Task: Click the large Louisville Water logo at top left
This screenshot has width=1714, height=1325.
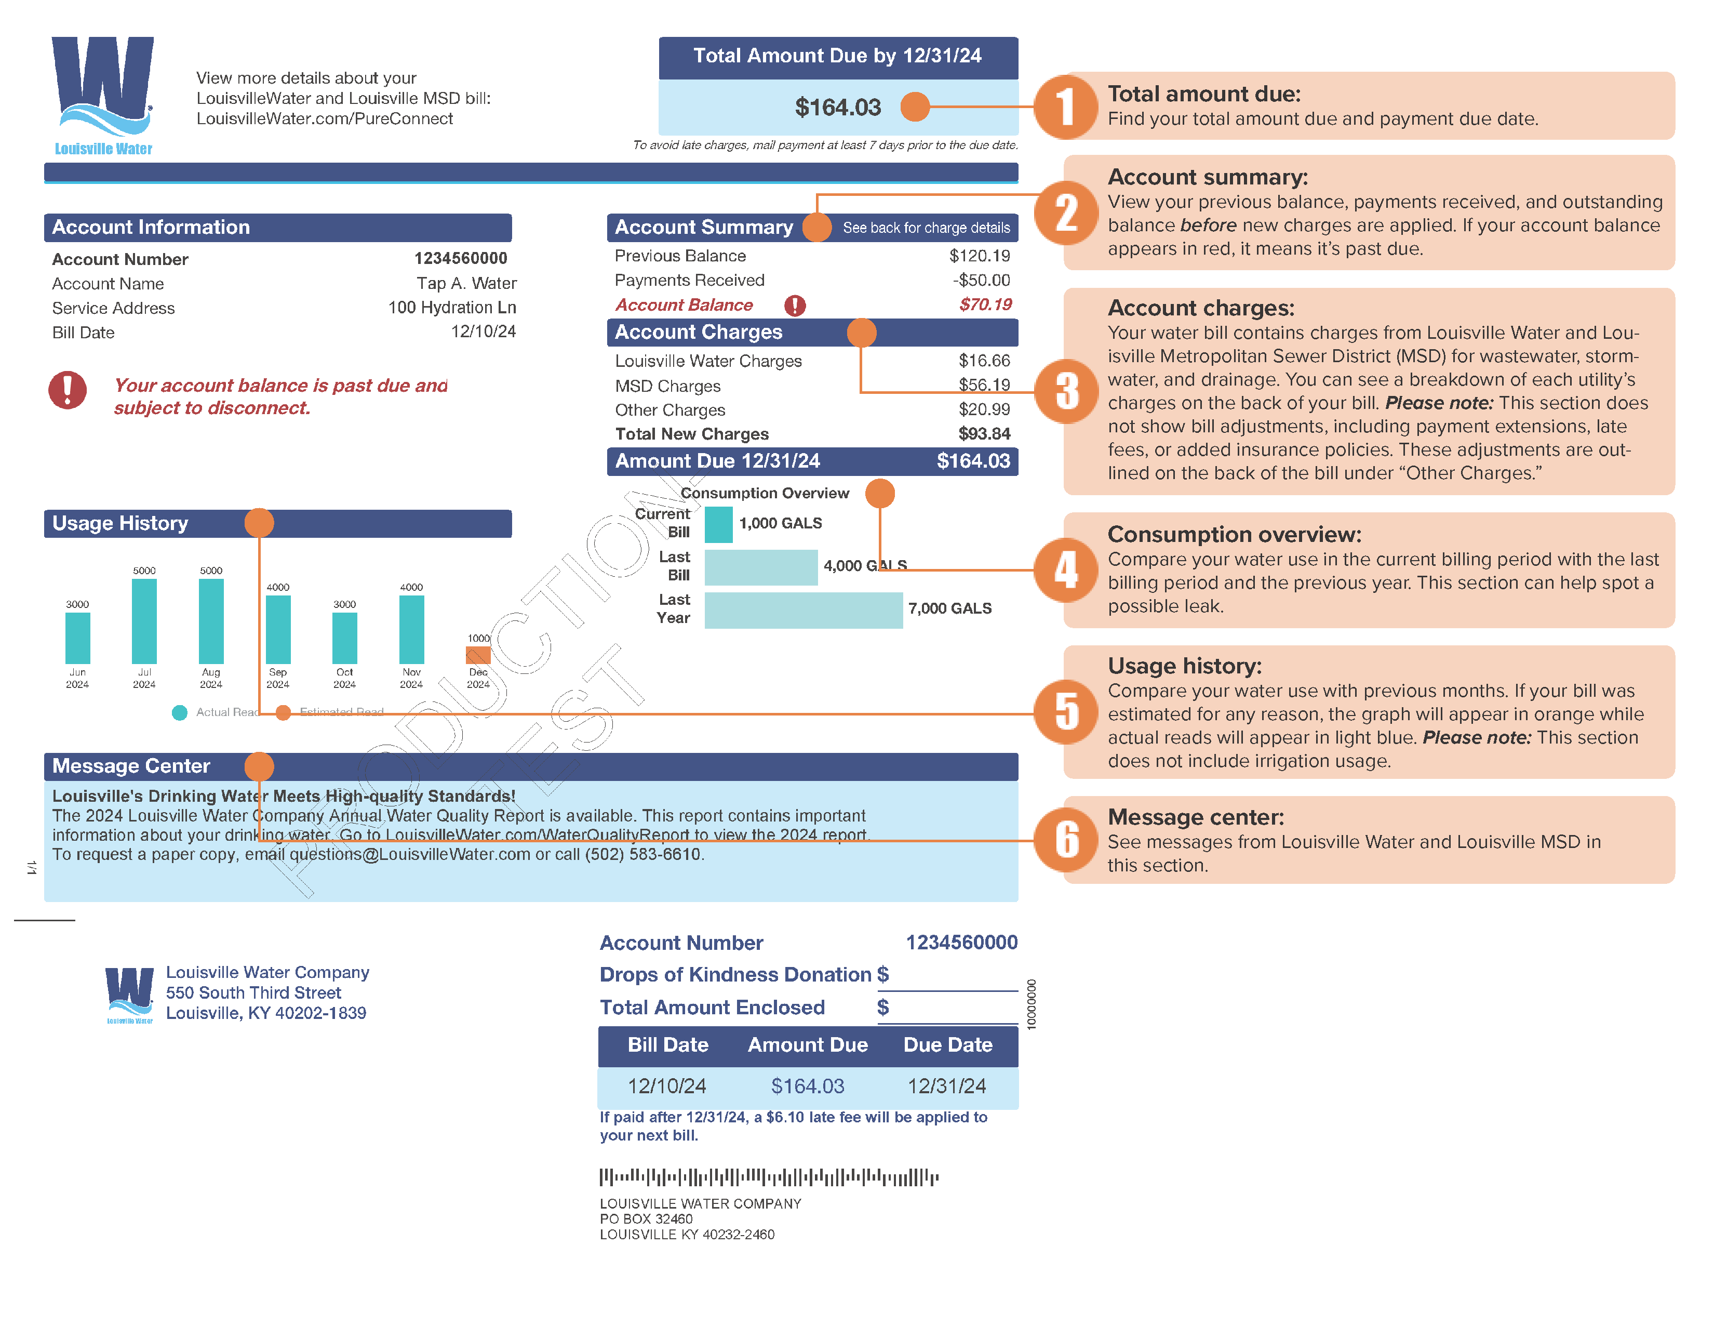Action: point(103,94)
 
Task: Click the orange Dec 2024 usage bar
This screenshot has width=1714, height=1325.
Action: point(478,655)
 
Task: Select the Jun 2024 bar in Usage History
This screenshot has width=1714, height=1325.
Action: point(78,638)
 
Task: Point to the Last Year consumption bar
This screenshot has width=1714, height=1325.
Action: point(803,610)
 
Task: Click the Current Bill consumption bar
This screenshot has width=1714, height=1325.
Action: point(718,524)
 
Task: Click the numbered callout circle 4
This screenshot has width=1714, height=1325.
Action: point(1066,570)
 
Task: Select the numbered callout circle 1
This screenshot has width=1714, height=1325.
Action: point(1066,107)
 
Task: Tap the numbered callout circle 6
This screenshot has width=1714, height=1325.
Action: point(1066,840)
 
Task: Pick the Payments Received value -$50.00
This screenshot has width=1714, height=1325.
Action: point(981,280)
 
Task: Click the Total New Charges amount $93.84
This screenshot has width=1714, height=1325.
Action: point(984,434)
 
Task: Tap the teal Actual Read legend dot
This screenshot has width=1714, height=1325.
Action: point(180,712)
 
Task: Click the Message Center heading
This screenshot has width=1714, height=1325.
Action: point(131,766)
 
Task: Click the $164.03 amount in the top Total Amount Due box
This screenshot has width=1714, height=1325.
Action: point(837,108)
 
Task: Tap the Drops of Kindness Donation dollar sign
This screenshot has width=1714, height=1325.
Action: point(883,974)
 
